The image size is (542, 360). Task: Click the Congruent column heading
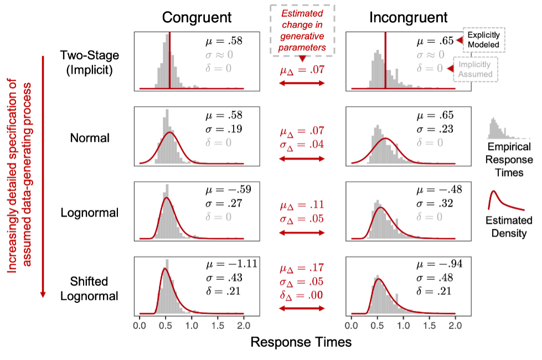click(x=197, y=18)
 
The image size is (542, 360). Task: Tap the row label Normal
click(x=90, y=138)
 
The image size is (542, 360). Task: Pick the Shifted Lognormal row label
click(x=89, y=289)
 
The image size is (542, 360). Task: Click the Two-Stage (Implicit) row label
click(x=90, y=62)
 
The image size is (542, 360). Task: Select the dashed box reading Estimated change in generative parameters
click(x=302, y=30)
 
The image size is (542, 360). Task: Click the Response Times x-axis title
click(x=301, y=342)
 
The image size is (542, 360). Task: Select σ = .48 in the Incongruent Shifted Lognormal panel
click(x=435, y=278)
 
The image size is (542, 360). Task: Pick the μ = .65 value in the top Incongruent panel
click(x=435, y=40)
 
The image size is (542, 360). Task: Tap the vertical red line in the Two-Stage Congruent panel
click(x=169, y=61)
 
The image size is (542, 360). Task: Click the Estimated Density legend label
click(x=505, y=226)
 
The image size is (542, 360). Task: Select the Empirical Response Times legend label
click(x=505, y=160)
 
